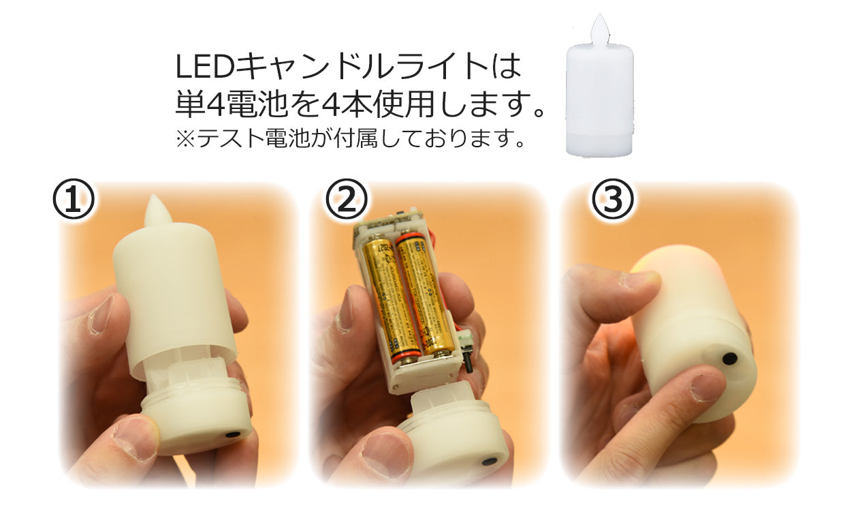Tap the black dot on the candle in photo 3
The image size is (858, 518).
coord(729,357)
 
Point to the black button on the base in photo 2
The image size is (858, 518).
coord(488,461)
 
